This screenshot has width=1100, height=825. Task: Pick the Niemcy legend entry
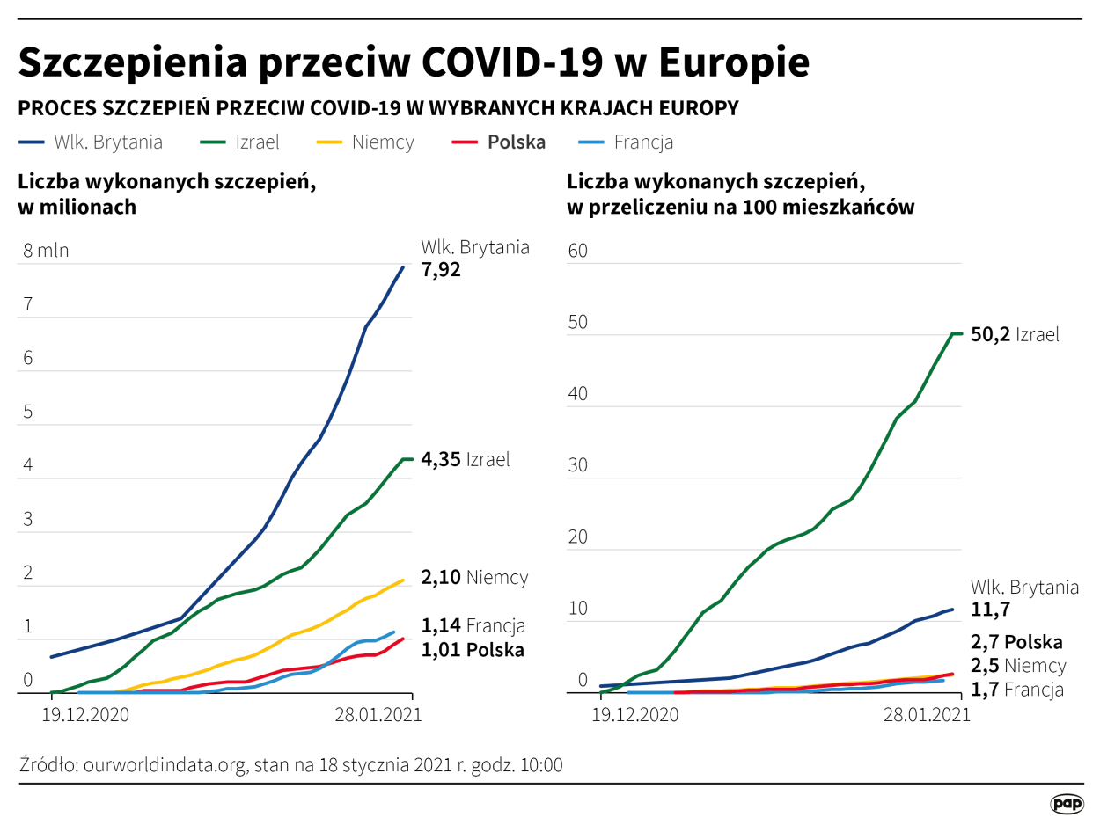tap(382, 142)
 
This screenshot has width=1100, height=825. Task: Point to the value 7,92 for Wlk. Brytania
tap(441, 270)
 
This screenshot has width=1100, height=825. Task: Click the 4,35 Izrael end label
tap(466, 460)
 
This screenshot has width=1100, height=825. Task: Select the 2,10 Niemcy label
tap(474, 578)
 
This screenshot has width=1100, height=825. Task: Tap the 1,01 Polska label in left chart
tap(473, 650)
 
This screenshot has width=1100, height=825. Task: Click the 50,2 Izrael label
tap(1014, 334)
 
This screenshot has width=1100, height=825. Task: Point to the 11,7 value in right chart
tap(990, 610)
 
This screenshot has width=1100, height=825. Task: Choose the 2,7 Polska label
tap(1016, 642)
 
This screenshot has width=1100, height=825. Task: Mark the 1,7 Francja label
tap(1016, 690)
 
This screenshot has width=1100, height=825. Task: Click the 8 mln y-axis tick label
tap(46, 251)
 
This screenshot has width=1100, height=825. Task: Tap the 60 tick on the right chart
tap(577, 251)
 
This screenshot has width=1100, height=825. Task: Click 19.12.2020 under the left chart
tap(85, 715)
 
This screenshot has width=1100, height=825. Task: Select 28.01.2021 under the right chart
tap(927, 715)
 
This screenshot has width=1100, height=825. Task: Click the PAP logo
tap(1067, 803)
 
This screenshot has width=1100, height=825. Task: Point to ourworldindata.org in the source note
tap(164, 764)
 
